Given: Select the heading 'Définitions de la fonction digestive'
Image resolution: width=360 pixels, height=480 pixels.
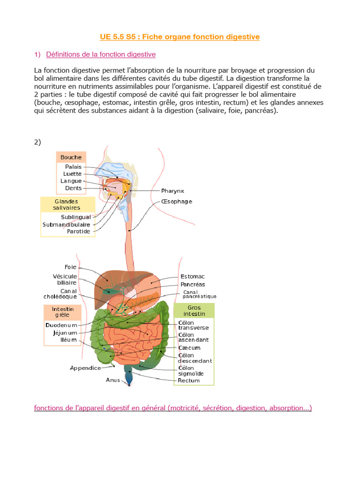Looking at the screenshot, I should pos(101,54).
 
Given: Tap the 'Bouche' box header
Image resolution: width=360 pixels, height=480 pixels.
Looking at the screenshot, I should pos(71,157).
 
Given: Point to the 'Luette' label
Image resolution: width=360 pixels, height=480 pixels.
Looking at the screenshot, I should pos(72,174).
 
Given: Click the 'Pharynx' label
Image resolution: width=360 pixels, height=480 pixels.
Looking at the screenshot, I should pos(172,191).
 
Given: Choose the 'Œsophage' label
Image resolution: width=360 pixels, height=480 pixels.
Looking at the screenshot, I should pos(176,202).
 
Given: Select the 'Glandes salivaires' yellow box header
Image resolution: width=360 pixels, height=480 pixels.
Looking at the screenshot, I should pos(67,204).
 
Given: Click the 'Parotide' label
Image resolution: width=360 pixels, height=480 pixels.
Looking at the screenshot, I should pos(78,232).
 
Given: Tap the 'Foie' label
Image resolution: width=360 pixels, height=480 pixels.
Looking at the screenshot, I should pos(70,267).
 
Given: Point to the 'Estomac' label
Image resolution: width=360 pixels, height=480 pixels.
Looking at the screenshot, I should pos(193,277).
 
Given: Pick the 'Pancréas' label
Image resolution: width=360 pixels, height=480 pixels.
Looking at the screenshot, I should pos(193,285).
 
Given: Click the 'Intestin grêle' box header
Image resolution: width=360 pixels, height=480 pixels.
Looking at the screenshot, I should pos(63,312).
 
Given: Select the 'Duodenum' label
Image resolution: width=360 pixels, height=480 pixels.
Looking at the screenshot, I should pos(61,325).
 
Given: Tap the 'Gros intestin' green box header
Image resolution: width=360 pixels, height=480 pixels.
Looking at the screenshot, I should pos(194,310).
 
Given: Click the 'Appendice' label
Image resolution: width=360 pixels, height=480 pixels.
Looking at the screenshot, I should pos(85,368).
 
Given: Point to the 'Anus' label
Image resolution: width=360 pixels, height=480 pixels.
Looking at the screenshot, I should pos(113,380).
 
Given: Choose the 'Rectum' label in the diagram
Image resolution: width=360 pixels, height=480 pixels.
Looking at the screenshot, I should pos(189,381).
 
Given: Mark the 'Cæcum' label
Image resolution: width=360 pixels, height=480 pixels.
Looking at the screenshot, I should pos(189,348).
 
